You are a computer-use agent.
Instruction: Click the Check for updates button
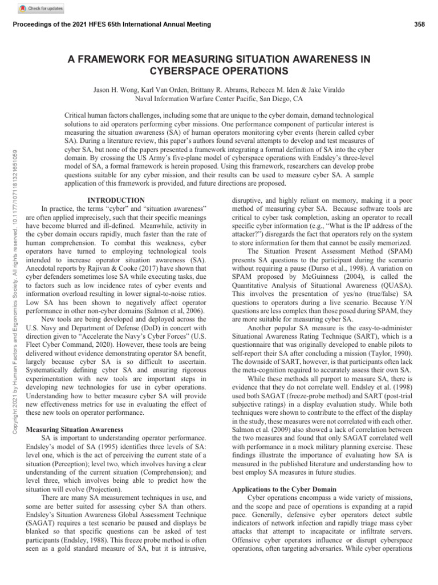pyautogui.click(x=41, y=9)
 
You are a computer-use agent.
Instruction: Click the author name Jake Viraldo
pyautogui.click(x=326, y=90)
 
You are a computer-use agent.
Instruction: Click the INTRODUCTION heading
pyautogui.click(x=117, y=200)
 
